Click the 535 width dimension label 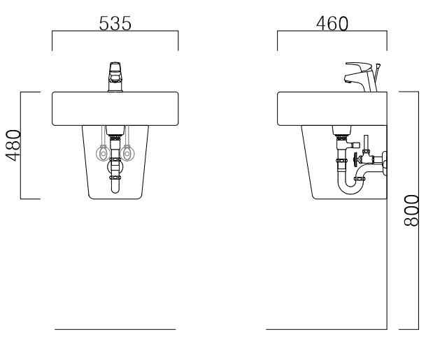(115, 23)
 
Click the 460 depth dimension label (332, 23)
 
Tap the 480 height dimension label (13, 145)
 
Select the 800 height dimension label (411, 210)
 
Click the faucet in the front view (115, 77)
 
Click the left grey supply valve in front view (103, 154)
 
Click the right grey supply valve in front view (127, 154)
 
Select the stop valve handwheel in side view (355, 159)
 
